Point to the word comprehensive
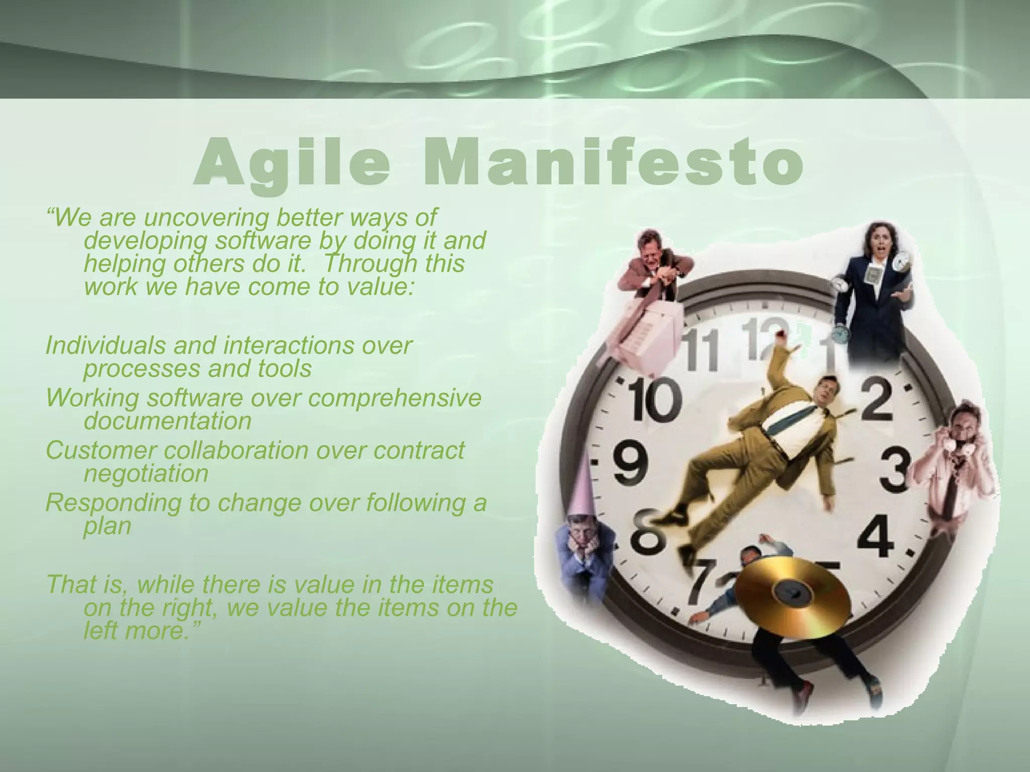click(394, 398)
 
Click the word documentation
click(167, 421)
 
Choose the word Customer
click(101, 450)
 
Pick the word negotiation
click(146, 473)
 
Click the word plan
click(107, 526)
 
